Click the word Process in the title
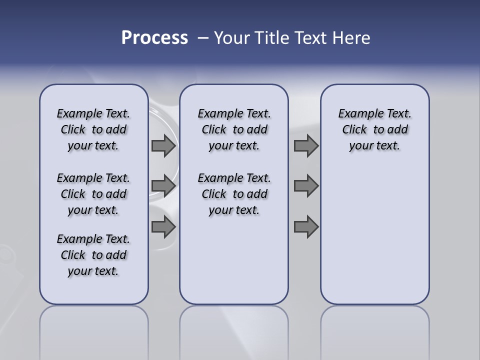(x=154, y=38)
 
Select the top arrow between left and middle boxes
(x=163, y=146)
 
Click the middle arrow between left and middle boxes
(x=163, y=186)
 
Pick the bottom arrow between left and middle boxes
(x=163, y=227)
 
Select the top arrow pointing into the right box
(x=306, y=146)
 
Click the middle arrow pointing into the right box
(x=306, y=186)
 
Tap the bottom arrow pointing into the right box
(x=306, y=227)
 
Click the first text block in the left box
(x=93, y=129)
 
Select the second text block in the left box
(x=93, y=194)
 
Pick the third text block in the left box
(x=93, y=255)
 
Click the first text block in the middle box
(x=234, y=129)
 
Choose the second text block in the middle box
(x=234, y=194)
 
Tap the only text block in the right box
(x=374, y=129)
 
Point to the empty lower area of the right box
(x=374, y=235)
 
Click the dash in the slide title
(x=203, y=38)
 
